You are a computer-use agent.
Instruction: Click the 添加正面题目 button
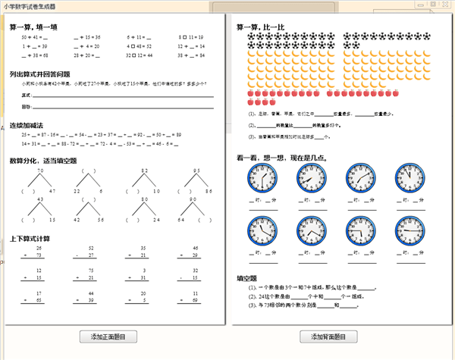pos(113,336)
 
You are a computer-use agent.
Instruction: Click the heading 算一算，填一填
pos(35,27)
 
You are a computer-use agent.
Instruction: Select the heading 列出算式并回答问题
pos(39,74)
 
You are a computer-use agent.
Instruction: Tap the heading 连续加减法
pos(27,124)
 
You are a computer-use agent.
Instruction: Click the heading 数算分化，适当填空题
pos(42,161)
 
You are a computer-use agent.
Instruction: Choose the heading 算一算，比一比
pos(260,27)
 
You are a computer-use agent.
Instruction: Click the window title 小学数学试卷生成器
pos(29,5)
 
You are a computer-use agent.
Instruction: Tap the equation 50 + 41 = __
pos(34,36)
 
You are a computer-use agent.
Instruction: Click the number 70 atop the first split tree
pos(41,171)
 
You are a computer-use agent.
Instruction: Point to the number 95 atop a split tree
pos(196,171)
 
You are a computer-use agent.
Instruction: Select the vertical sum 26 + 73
pos(36,252)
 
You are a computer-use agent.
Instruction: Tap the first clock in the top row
pos(262,179)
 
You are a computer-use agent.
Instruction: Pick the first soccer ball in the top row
pos(251,36)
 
